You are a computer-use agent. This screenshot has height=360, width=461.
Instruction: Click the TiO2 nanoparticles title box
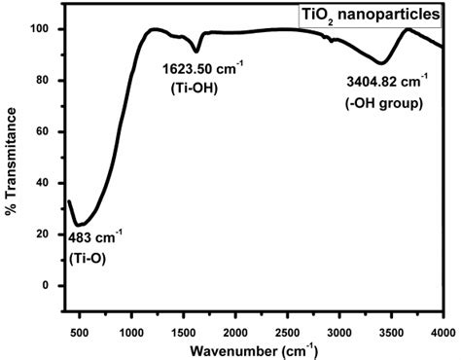point(370,16)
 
